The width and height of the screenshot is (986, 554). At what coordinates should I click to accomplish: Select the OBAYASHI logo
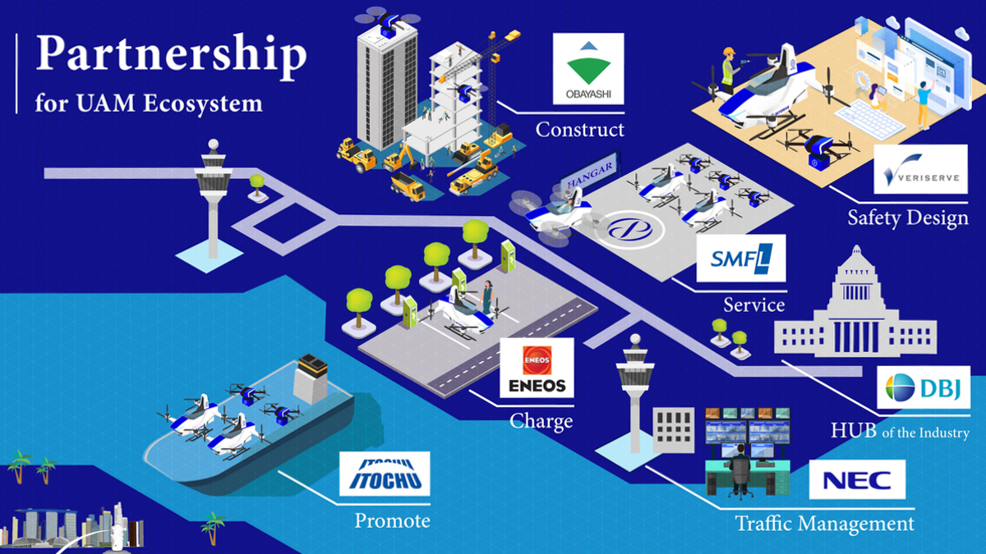point(587,69)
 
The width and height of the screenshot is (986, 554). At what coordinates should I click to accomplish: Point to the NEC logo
point(857,480)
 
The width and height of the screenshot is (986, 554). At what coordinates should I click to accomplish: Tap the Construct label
point(579,130)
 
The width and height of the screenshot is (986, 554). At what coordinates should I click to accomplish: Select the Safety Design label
point(908,218)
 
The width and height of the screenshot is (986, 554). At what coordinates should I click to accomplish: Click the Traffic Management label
point(824,524)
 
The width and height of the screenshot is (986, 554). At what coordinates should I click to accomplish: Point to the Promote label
point(392,520)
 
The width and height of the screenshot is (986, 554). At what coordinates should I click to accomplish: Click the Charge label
point(541,422)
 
